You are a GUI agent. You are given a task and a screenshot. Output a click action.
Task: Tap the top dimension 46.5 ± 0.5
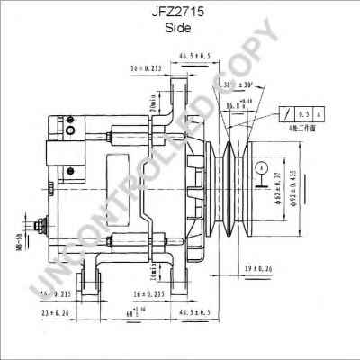(x=194, y=56)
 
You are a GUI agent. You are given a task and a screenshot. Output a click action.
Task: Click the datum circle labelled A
(x=260, y=166)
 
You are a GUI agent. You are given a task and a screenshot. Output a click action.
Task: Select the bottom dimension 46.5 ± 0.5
(x=194, y=311)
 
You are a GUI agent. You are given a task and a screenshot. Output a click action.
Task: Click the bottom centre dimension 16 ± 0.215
(x=147, y=293)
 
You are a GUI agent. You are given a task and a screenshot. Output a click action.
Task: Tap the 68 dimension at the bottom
(x=132, y=312)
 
